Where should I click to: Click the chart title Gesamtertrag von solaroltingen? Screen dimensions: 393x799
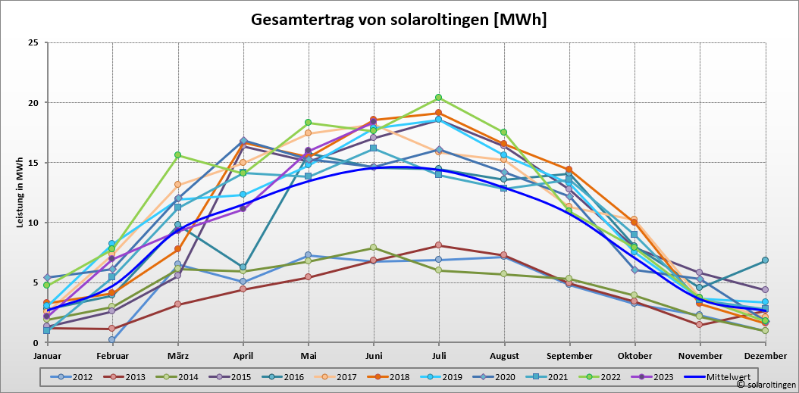coord(399,20)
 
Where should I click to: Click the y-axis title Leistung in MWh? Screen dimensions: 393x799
coord(20,193)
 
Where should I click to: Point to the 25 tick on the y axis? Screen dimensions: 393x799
coord(33,42)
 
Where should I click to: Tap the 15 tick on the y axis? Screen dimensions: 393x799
coord(33,162)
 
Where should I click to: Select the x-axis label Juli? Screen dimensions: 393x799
coord(439,355)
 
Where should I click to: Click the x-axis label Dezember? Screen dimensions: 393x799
coord(764,355)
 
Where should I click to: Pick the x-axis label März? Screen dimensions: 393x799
coord(178,355)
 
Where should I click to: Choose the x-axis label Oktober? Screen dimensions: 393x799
coord(634,355)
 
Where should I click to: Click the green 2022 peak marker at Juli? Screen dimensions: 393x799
coord(439,98)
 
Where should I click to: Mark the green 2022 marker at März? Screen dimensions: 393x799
coord(178,155)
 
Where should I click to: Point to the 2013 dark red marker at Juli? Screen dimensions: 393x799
coord(439,245)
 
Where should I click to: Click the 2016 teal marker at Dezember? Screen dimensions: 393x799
coord(765,260)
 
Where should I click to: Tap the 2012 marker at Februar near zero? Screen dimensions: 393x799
coord(112,339)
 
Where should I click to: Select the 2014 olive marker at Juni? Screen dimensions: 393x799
coord(374,248)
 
